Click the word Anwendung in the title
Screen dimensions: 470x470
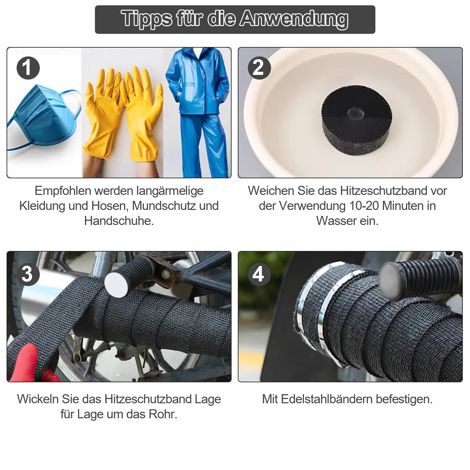(x=294, y=19)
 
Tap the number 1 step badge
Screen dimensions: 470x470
(x=28, y=68)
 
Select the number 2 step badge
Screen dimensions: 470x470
(x=259, y=68)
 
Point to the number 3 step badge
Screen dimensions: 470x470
(x=28, y=274)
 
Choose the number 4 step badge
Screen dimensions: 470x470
(x=259, y=274)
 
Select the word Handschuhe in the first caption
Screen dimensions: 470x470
(x=119, y=221)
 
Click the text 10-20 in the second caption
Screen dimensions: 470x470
(x=364, y=206)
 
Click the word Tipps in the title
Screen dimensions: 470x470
(x=146, y=19)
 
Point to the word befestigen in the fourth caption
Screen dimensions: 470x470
(x=404, y=399)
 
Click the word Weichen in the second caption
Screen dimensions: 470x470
(x=271, y=191)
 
